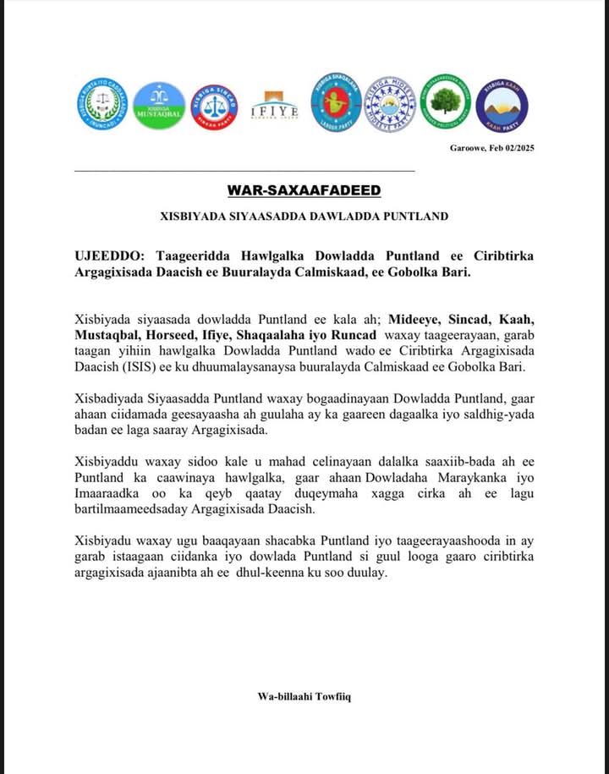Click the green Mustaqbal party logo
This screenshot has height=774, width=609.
tap(159, 106)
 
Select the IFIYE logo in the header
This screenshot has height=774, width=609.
tap(274, 107)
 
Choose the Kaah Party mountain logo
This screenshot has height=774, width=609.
tap(502, 106)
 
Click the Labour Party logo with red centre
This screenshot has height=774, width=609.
tap(336, 101)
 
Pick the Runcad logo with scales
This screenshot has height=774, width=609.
tap(103, 104)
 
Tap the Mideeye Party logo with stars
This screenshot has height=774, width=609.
tap(390, 104)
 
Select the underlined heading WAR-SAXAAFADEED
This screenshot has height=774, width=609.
tap(304, 190)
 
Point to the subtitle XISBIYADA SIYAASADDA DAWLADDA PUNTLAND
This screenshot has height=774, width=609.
tap(304, 217)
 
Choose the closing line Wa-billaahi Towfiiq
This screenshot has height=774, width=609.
tap(304, 696)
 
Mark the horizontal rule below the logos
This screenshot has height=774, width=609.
tap(244, 171)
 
